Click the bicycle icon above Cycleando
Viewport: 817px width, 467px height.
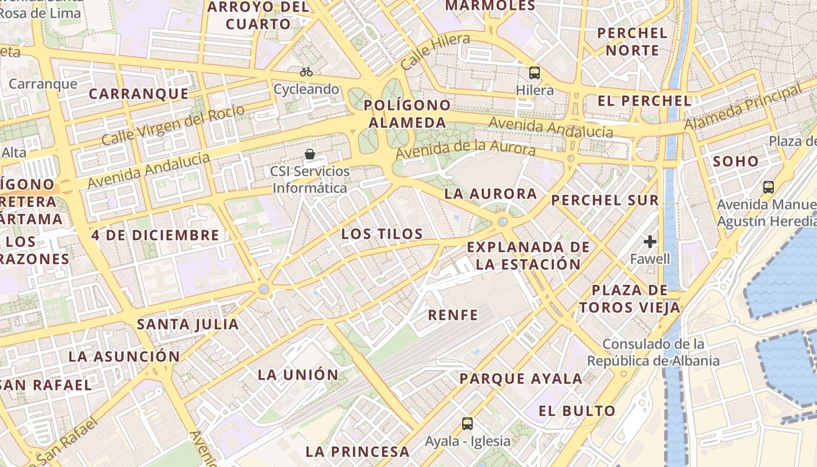click(306, 72)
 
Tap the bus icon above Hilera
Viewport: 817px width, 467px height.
click(535, 73)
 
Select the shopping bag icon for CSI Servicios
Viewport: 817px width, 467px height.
click(310, 154)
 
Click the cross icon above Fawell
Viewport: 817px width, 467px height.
click(650, 241)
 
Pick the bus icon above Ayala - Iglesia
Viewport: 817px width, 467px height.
click(467, 423)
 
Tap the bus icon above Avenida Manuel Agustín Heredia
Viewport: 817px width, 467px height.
click(769, 187)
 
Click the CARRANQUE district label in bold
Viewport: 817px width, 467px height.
click(139, 94)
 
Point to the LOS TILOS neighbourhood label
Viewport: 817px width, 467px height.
click(382, 234)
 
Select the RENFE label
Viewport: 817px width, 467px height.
click(453, 315)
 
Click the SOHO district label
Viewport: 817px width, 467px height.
click(736, 161)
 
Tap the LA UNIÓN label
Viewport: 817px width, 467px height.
click(298, 375)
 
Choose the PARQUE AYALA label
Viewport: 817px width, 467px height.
click(521, 379)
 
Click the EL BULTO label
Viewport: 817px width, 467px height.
click(577, 411)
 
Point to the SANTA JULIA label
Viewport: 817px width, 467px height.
click(187, 325)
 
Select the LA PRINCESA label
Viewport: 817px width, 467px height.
click(357, 451)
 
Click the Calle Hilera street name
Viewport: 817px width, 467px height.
click(436, 51)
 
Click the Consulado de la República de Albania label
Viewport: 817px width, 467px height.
click(653, 353)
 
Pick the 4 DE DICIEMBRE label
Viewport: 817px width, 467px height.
click(155, 235)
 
